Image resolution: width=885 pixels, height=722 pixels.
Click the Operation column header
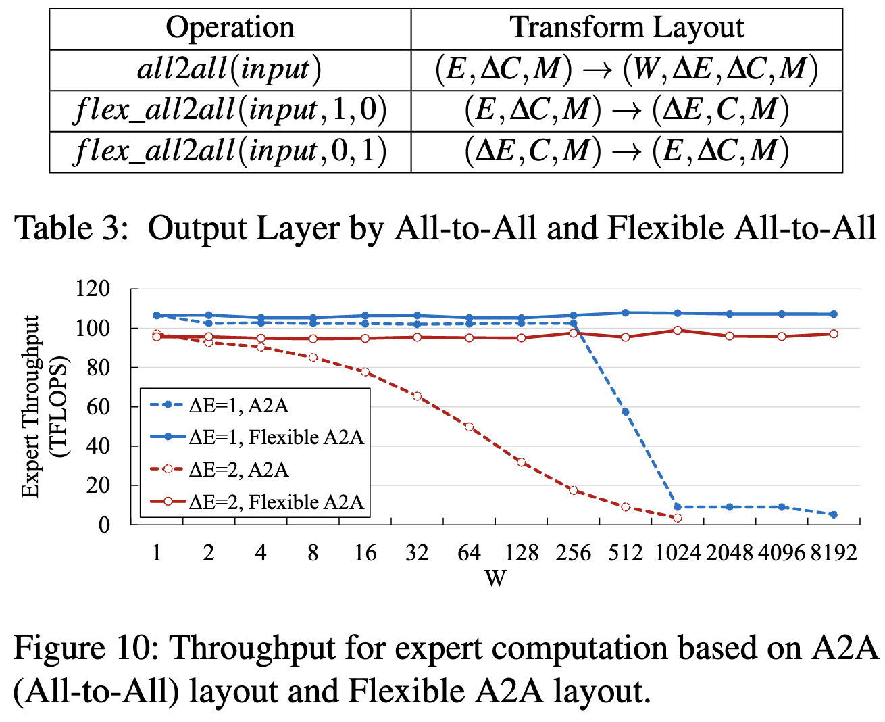(230, 28)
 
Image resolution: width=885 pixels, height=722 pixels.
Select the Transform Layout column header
(626, 28)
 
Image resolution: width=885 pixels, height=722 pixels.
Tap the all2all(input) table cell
(230, 69)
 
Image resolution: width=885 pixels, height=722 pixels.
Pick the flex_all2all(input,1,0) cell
(230, 110)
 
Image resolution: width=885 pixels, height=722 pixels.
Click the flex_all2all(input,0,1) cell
(230, 151)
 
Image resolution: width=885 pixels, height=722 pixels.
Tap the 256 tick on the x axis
(573, 554)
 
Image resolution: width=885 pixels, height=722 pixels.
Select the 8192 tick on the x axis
(834, 554)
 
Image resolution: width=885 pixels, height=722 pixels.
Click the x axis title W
(495, 579)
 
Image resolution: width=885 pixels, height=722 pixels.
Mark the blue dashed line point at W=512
(626, 412)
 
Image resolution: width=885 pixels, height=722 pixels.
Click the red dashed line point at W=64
(469, 427)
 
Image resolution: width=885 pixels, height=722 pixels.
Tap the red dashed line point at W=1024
(678, 518)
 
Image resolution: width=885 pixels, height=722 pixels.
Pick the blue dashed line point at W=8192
(834, 514)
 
